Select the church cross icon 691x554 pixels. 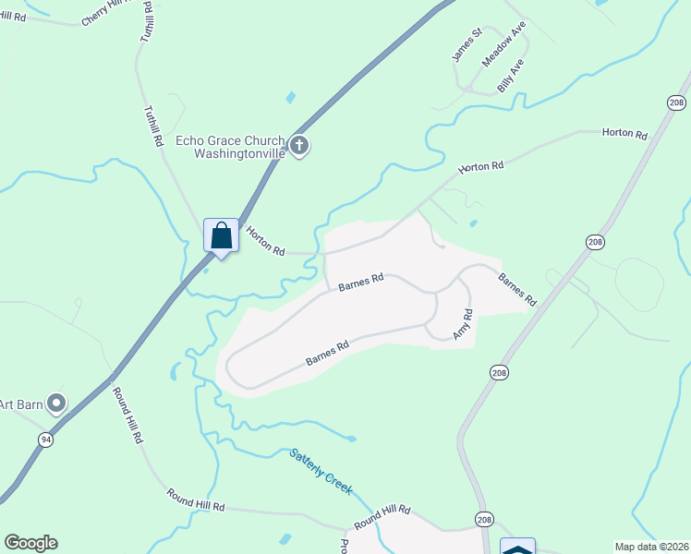pos(298,145)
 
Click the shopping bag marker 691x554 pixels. pos(221,235)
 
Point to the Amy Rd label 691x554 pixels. pos(463,325)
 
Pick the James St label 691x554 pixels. pos(467,45)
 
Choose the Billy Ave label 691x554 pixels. pos(510,75)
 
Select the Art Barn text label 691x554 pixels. pos(18,403)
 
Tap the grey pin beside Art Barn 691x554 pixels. pos(57,403)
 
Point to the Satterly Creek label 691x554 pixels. pos(321,470)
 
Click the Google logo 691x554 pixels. pos(30,543)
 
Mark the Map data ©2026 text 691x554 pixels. pos(651,547)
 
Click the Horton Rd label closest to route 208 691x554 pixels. pos(624,133)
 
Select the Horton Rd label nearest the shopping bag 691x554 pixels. pos(265,243)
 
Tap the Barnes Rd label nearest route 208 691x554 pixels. pos(516,289)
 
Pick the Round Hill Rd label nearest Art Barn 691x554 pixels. pos(127,415)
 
